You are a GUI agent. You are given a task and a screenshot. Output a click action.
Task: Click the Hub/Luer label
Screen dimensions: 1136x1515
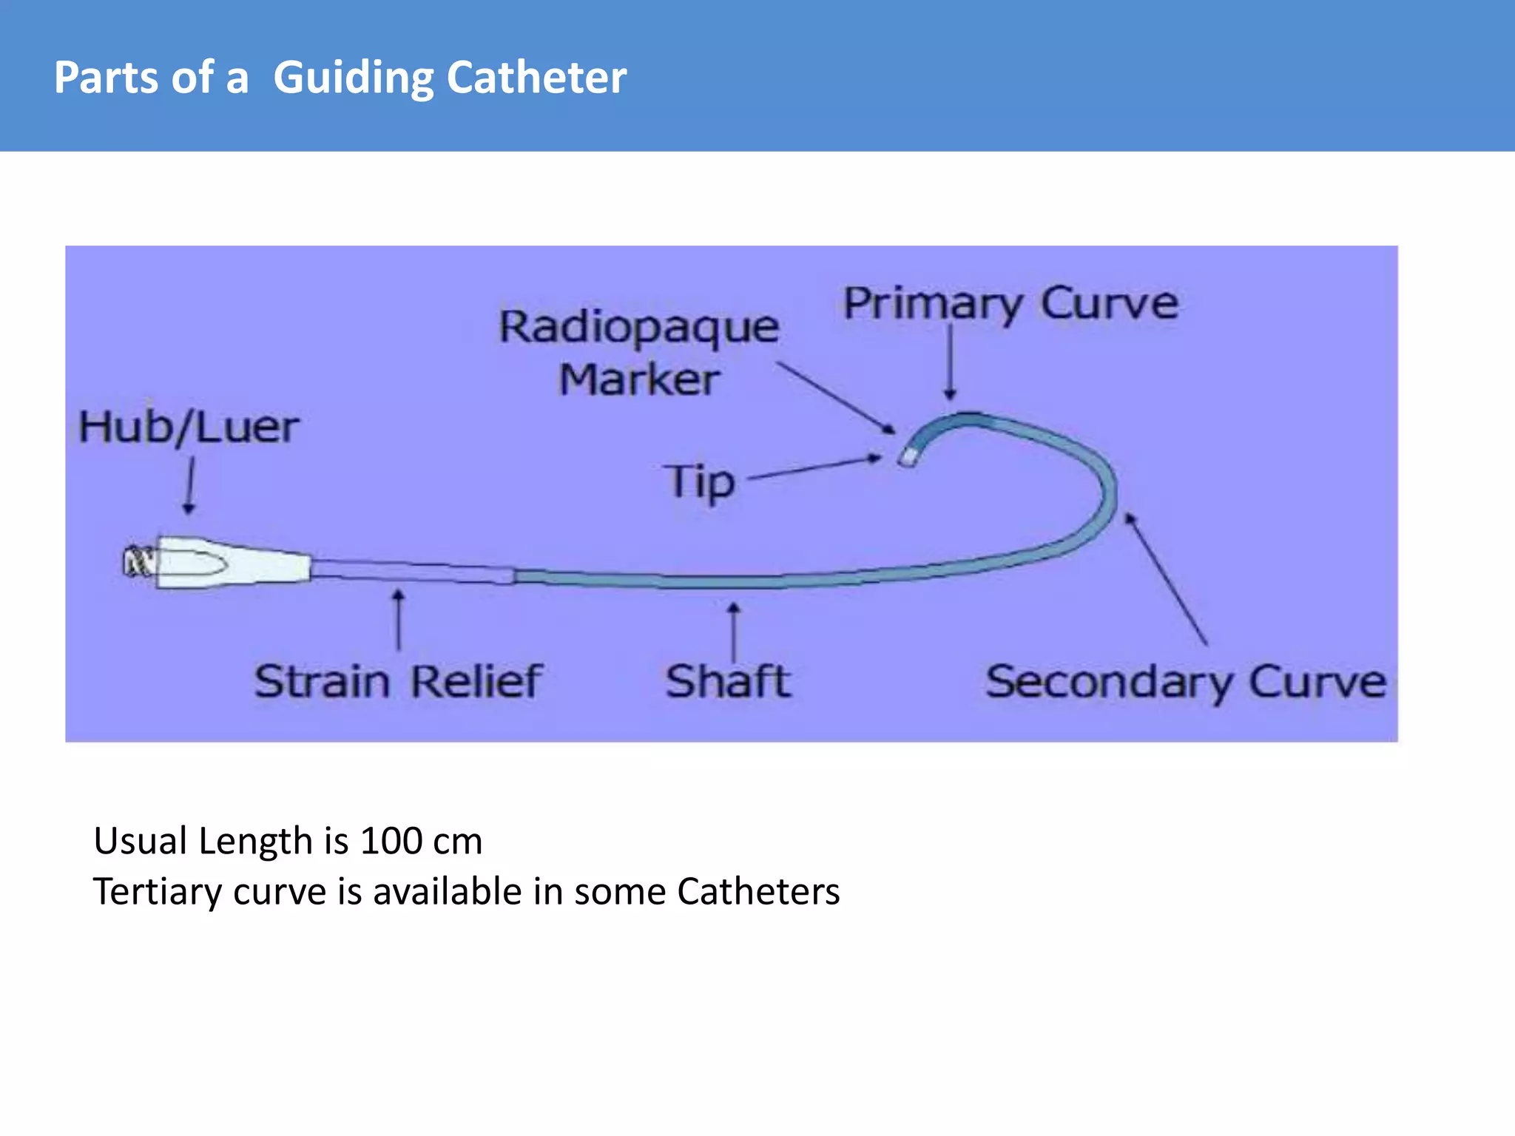[189, 427]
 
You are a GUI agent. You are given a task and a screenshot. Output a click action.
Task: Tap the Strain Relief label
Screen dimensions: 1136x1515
[398, 681]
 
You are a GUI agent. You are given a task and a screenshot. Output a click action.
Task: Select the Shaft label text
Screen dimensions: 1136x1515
[728, 681]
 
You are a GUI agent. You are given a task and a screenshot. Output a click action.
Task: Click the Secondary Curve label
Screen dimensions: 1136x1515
[1185, 681]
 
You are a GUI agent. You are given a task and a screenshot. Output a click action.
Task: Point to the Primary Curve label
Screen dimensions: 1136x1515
[1010, 303]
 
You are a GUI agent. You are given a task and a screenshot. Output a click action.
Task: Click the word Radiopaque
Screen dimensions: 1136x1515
[639, 328]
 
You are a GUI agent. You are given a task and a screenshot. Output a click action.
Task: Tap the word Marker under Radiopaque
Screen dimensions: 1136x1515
[639, 380]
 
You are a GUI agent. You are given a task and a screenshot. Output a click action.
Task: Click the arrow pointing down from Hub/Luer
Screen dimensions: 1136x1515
[189, 485]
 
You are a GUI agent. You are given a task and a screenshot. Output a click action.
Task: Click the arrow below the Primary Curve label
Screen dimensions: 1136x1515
[951, 362]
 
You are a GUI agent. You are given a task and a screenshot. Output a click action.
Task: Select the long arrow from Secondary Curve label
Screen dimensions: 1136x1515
[1166, 578]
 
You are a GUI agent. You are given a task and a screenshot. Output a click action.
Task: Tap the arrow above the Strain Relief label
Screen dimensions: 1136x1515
[399, 620]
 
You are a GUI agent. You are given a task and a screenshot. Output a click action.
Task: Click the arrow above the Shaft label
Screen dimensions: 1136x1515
[733, 632]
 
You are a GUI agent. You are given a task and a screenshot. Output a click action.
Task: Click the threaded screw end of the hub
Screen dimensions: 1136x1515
[138, 563]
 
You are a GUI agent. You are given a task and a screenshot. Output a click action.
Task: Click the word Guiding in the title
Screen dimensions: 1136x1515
[352, 78]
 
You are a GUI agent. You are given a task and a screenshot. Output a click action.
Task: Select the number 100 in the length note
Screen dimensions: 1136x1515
[391, 842]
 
